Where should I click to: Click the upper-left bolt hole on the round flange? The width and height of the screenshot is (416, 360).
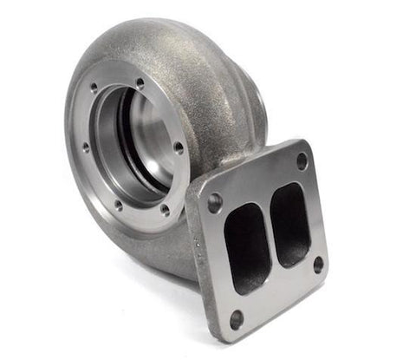93,88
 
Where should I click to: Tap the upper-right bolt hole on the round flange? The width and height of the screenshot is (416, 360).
140,83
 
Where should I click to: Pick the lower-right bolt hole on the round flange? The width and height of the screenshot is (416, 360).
164,209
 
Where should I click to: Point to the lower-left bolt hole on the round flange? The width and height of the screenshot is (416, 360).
118,206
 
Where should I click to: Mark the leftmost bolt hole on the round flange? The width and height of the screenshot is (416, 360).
85,147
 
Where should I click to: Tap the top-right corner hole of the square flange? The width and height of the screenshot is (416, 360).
302,161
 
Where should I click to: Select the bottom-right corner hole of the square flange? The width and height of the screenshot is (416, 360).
318,264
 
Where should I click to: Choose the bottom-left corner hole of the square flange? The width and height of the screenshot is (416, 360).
236,317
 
